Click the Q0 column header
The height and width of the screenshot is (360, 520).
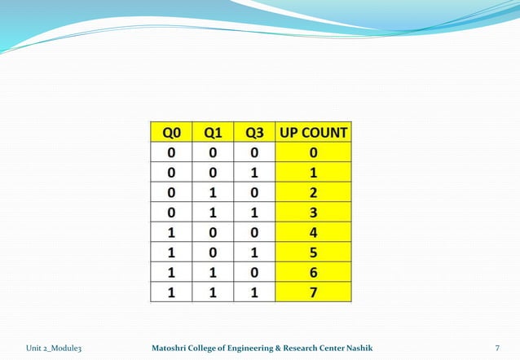click(x=170, y=132)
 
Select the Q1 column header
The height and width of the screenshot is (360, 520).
click(x=213, y=132)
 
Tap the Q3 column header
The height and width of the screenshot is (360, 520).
click(x=253, y=132)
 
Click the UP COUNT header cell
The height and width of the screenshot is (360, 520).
click(x=314, y=132)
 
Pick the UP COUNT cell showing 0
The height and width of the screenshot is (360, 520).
click(x=314, y=153)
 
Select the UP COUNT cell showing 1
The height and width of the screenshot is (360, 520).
click(x=314, y=173)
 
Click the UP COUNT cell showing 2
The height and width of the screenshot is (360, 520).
click(x=314, y=193)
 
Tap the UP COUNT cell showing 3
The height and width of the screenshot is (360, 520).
click(x=314, y=213)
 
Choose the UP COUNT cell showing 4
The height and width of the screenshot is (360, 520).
click(x=314, y=232)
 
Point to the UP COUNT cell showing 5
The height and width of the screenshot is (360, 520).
click(x=314, y=252)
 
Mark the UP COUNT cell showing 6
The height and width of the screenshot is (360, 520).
click(x=314, y=272)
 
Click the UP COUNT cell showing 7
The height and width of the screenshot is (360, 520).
click(x=314, y=292)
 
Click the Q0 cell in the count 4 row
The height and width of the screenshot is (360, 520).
click(x=170, y=232)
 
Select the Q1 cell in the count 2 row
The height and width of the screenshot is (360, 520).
click(x=213, y=193)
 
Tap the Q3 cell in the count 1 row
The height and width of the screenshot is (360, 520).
click(x=253, y=173)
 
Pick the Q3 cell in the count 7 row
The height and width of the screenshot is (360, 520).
click(x=253, y=292)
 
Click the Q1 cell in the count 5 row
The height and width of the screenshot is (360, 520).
click(x=213, y=252)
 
